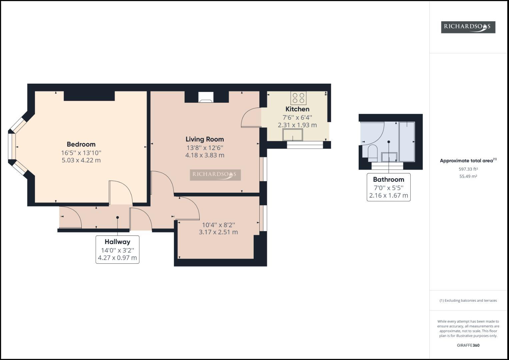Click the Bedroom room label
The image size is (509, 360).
click(x=81, y=144)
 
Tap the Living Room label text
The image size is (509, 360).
click(x=205, y=139)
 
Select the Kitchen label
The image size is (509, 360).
click(x=297, y=109)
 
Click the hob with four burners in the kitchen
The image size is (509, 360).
click(x=298, y=98)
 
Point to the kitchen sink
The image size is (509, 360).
click(x=293, y=135)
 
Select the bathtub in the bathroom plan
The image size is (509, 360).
click(x=407, y=141)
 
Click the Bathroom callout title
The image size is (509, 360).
click(x=388, y=179)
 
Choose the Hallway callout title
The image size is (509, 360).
click(x=117, y=242)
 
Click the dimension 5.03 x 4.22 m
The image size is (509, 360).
click(x=81, y=160)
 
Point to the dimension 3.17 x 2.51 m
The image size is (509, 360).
click(x=218, y=232)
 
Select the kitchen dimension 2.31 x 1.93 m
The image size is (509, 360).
click(x=297, y=125)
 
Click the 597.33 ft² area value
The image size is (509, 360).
click(x=468, y=169)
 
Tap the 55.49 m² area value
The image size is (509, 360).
click(x=468, y=176)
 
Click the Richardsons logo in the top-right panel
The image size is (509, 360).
click(x=468, y=27)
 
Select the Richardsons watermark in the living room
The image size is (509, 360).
click(x=215, y=175)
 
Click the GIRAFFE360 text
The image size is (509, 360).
click(x=468, y=345)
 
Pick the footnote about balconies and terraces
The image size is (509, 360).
click(x=468, y=300)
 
